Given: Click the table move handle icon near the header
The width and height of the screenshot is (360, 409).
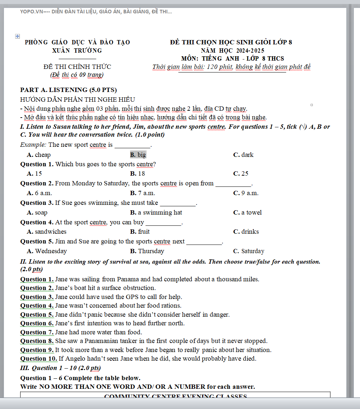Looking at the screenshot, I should tap(17, 36).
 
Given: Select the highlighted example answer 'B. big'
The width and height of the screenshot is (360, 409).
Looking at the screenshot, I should tap(138, 155).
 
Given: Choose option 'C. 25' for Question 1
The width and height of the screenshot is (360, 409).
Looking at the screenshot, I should tap(241, 173).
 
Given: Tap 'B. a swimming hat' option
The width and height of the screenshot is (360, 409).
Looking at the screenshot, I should tap(156, 212).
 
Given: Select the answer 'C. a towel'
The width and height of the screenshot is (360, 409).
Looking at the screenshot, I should tap(247, 212).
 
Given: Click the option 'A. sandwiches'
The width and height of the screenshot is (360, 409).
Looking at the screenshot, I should tap(46, 232).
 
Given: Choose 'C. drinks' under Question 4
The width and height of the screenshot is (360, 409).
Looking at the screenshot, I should tap(246, 232).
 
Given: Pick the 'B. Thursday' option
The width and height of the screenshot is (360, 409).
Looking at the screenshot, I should tap(147, 251).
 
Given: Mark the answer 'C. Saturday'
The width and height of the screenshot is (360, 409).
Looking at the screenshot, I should tap(249, 251).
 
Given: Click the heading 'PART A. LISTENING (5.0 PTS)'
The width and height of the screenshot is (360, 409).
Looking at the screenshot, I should tap(68, 90).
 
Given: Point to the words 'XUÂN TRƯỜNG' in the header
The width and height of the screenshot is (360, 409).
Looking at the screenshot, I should tap(77, 50).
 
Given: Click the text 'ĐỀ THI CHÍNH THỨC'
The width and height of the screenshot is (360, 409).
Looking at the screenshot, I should tap(77, 67).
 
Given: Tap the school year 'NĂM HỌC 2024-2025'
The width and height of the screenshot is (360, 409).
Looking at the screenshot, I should tap(232, 50).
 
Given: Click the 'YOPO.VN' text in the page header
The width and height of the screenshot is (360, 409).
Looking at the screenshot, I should tap(31, 12).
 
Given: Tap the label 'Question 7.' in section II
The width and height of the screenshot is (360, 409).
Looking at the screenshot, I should tap(37, 332).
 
